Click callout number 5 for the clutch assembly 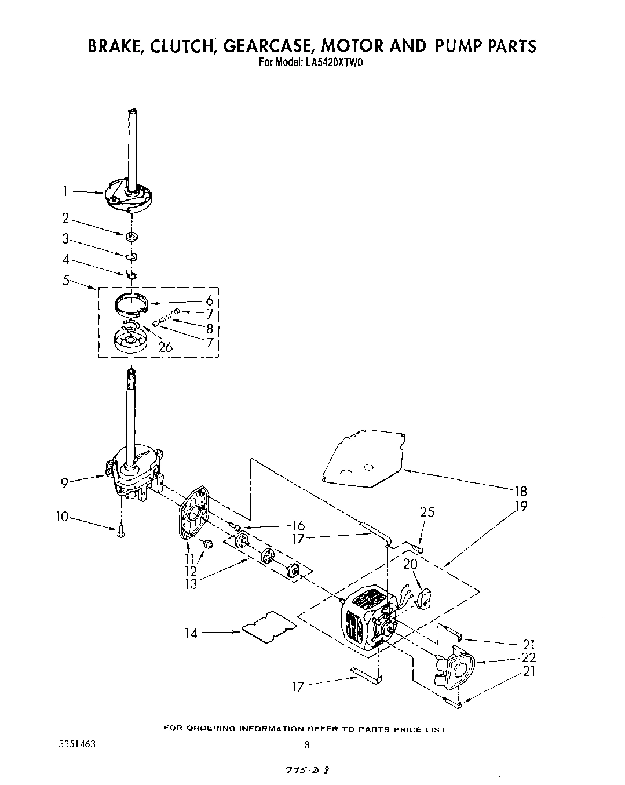tap(66, 280)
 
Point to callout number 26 tap(165, 347)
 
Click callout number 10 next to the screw tap(62, 516)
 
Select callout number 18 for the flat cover tap(520, 492)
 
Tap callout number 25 tap(427, 512)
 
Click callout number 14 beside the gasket tap(191, 633)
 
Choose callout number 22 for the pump tap(528, 657)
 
